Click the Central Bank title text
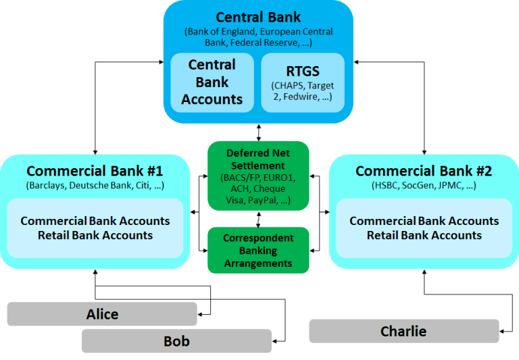[258, 17]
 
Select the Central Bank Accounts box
[212, 82]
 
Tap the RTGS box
[302, 82]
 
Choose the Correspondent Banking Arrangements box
[258, 251]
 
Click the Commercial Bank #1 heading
[95, 170]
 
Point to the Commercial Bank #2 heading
[423, 170]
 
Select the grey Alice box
[102, 314]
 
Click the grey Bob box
[176, 341]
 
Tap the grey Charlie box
[403, 331]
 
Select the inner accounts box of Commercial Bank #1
[95, 228]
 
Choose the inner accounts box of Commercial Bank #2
[424, 228]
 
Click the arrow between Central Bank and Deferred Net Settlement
[258, 132]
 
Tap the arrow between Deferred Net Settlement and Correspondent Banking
[258, 220]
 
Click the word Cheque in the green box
[270, 189]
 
